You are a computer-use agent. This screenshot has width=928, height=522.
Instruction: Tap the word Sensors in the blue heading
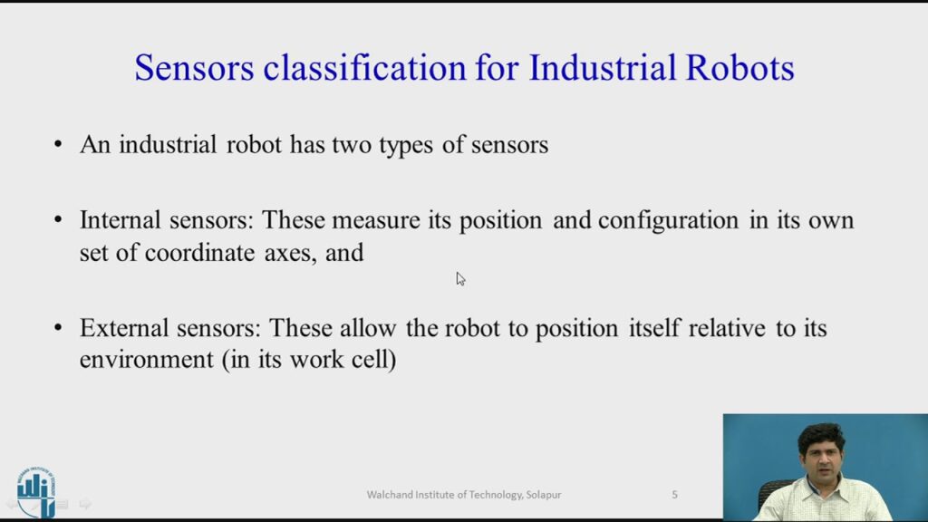pos(194,67)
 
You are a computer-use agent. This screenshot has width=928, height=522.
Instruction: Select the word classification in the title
pos(364,67)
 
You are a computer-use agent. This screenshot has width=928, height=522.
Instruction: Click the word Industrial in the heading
pos(602,67)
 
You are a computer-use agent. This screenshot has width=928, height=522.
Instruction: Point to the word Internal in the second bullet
pos(121,219)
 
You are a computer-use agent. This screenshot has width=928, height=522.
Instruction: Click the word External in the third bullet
pos(124,327)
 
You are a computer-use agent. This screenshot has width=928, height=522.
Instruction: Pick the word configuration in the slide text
pos(668,221)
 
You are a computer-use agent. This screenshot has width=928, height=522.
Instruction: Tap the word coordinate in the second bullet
pos(199,253)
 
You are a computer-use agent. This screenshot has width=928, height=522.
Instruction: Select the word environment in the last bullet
pos(146,359)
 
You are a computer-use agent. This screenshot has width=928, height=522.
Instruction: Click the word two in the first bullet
pos(352,145)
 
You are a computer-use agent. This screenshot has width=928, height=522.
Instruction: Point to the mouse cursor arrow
pos(460,279)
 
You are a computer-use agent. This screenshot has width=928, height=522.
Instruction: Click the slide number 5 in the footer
pos(674,494)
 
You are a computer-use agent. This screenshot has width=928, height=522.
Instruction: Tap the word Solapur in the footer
pos(544,495)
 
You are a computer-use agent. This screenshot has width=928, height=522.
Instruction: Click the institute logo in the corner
pos(36,491)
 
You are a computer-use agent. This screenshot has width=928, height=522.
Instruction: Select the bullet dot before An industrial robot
pos(57,144)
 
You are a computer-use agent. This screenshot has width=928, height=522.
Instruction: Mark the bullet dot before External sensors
pos(57,327)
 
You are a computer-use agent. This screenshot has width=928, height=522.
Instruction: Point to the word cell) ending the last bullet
pos(374,359)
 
